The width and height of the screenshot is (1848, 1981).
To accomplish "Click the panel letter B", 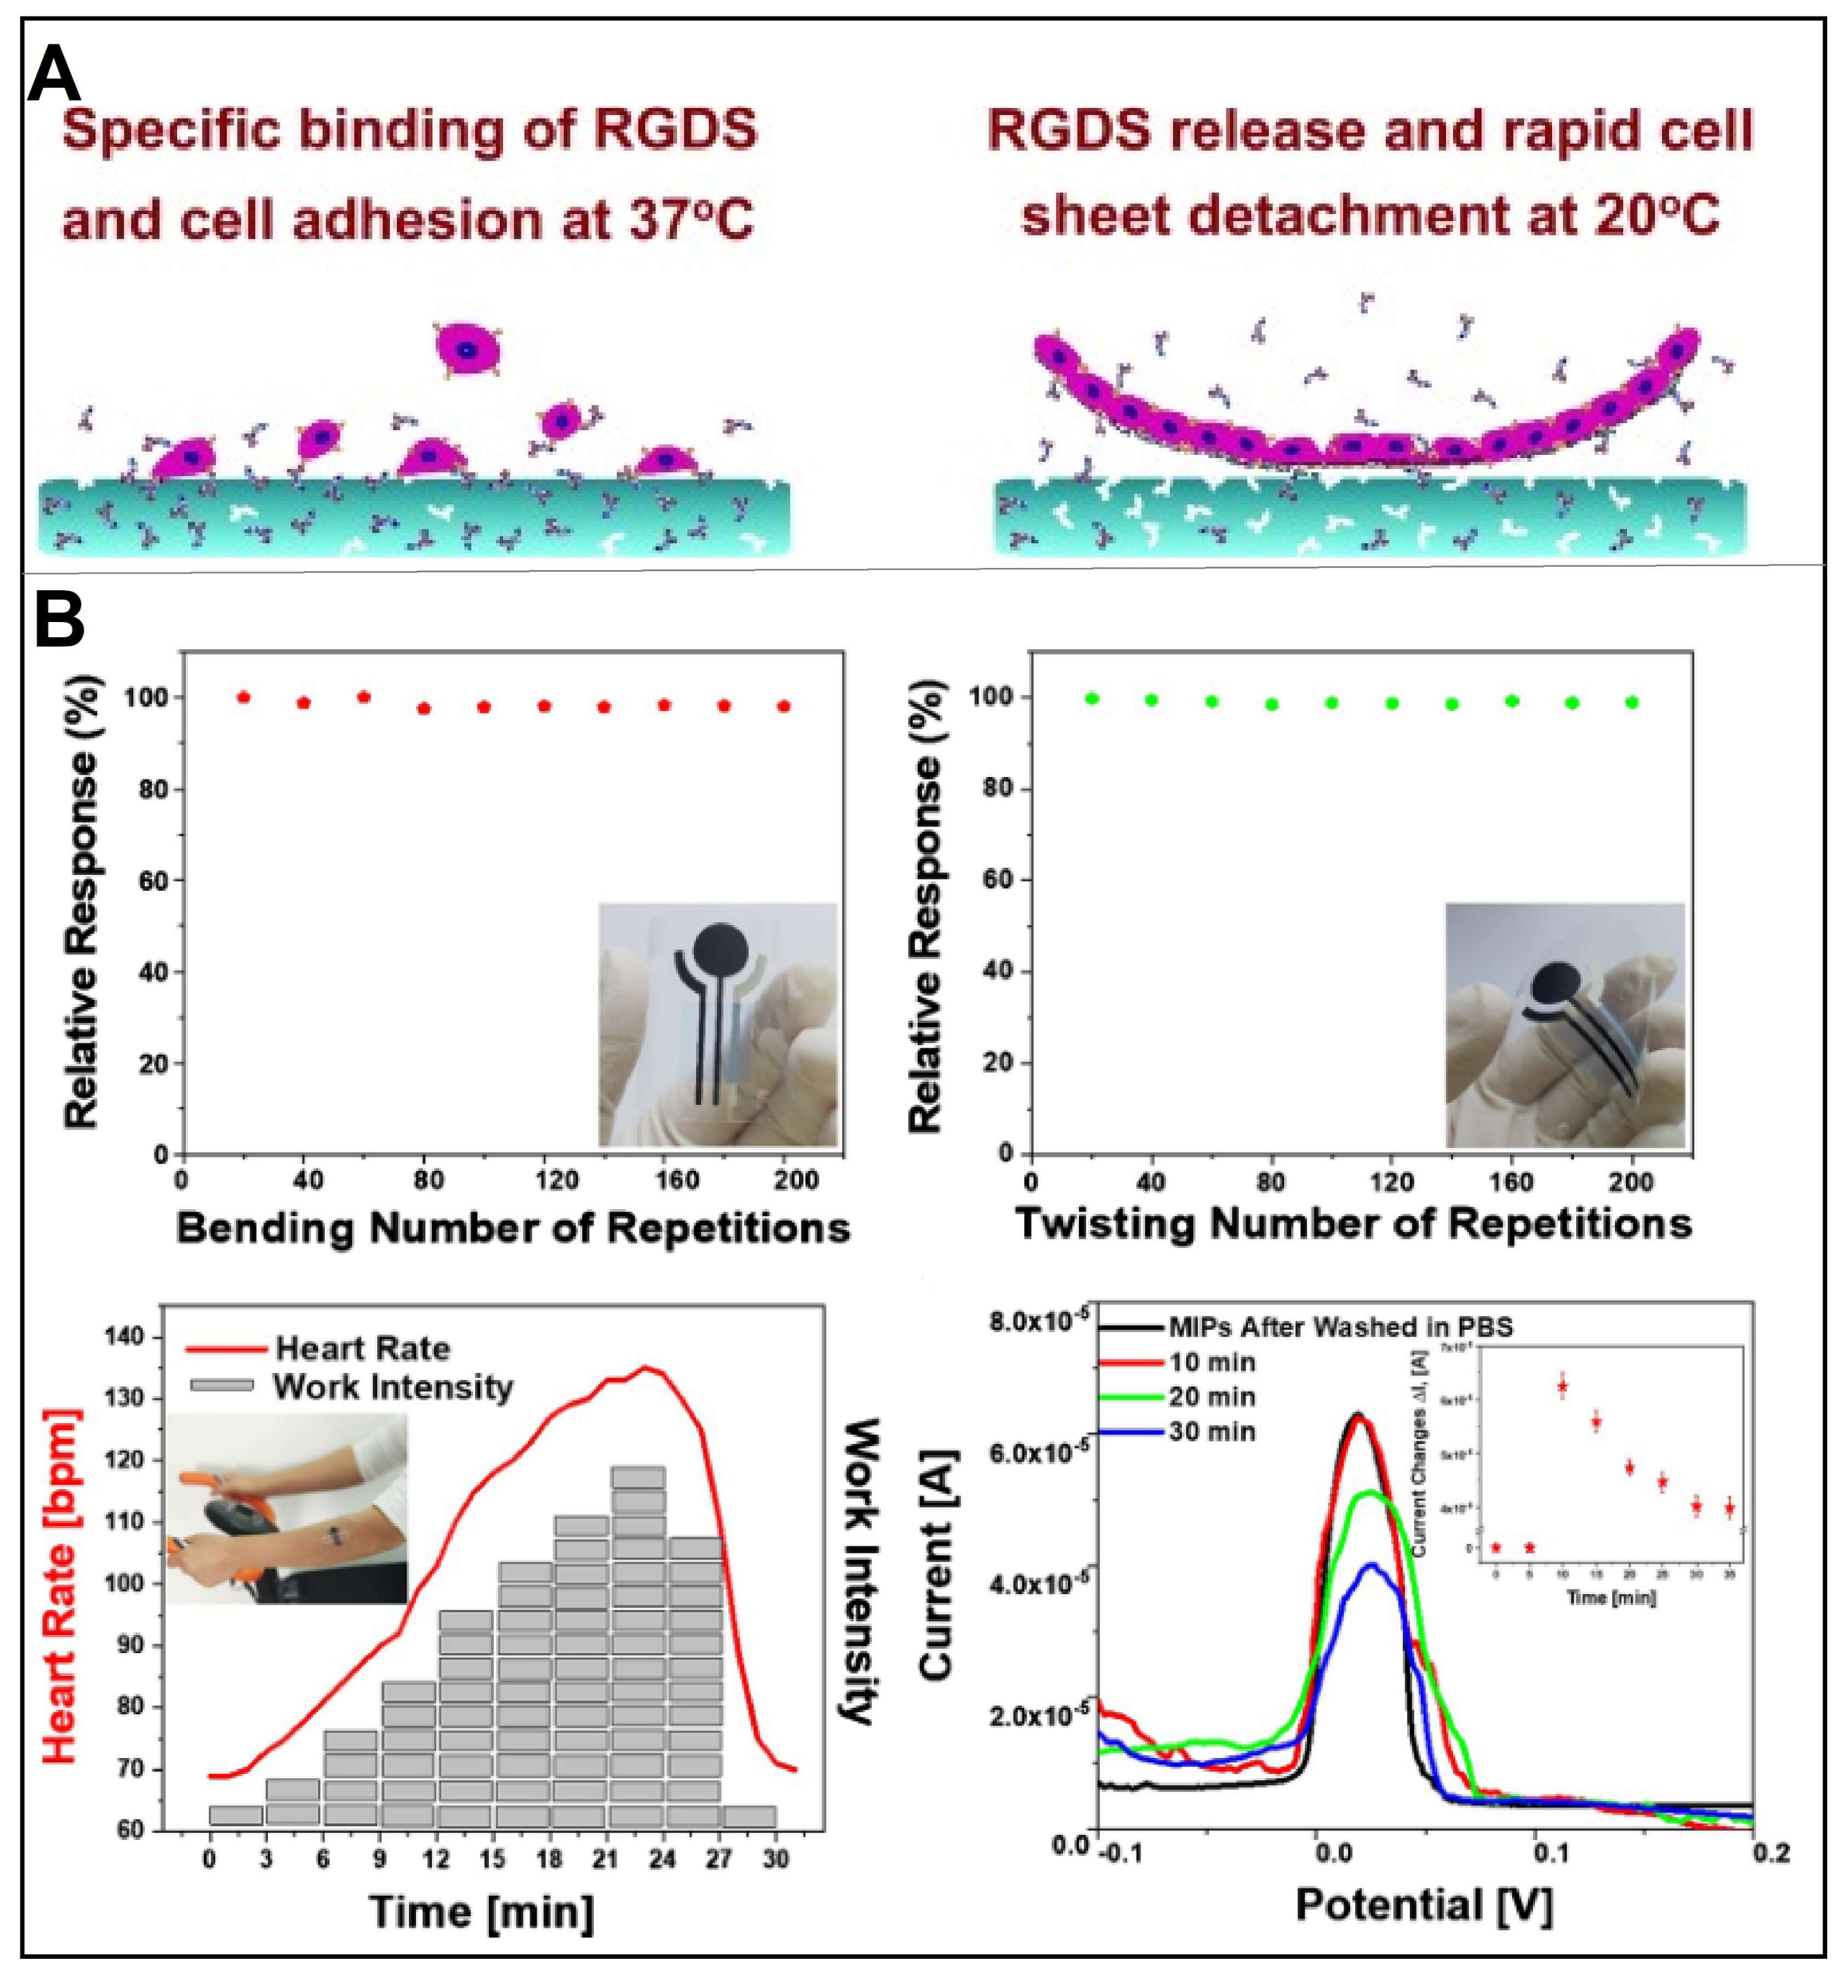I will coord(59,620).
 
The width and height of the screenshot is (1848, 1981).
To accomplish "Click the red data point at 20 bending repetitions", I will coord(243,698).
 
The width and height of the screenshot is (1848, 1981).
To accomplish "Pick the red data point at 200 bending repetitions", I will coord(784,707).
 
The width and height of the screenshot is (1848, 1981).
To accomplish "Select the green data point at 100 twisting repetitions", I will coord(1332,703).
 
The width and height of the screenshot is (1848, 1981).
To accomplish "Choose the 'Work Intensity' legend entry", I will coord(392,1386).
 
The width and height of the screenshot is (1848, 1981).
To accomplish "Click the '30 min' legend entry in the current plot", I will coord(1212,1432).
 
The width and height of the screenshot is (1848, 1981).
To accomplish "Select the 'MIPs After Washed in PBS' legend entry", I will coord(1340,1327).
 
